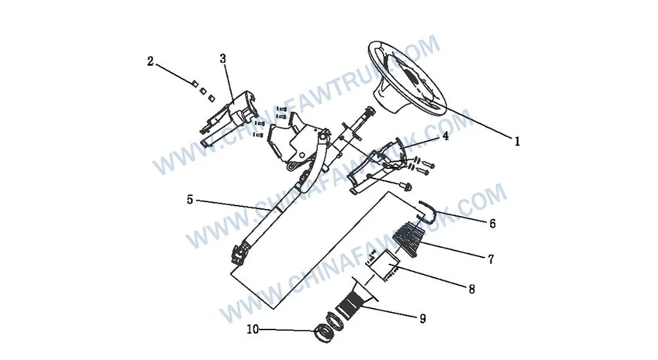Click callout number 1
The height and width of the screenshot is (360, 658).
coord(517,141)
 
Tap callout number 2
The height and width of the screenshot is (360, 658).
coord(150,61)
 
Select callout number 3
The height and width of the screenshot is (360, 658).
coord(223,59)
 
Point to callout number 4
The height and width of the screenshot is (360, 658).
coord(445,136)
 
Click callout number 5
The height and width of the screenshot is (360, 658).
coord(190,200)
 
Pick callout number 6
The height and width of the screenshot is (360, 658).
coord(492,224)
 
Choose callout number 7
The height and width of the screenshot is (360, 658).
coord(490,260)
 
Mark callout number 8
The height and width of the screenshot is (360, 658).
coord(472,289)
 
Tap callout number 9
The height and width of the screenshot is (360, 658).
coord(423,318)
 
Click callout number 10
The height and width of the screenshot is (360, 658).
coord(251,330)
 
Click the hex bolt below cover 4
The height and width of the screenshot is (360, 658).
coord(407,186)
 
